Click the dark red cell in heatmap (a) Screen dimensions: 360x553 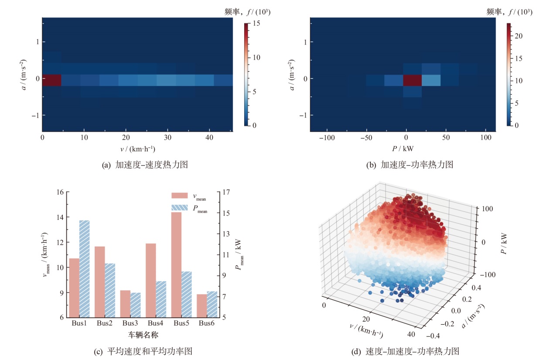tap(51, 80)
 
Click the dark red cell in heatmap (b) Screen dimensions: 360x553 tap(413, 80)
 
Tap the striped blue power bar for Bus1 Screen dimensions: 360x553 tap(84, 268)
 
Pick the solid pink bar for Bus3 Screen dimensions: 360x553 tap(125, 304)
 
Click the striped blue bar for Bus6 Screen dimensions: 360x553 tap(212, 304)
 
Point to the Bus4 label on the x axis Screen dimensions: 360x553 tap(155, 323)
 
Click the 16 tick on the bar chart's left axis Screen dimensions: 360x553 tap(60, 192)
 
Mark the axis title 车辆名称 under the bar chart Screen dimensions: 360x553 tap(143, 335)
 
